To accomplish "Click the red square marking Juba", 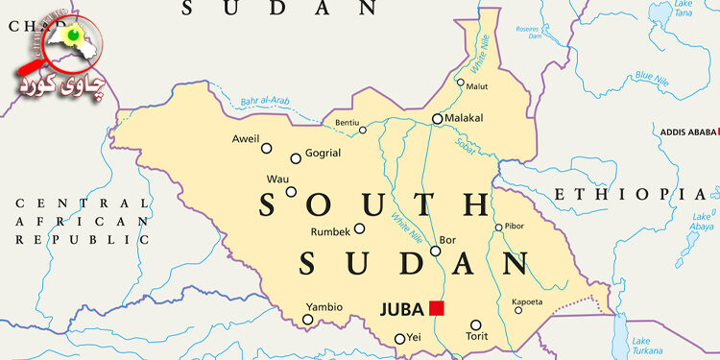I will pos(437,308).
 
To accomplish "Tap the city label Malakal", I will pos(464,118).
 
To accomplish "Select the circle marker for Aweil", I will pos(267,148).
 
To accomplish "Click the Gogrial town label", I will pos(323,154).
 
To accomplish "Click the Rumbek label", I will pos(330,231).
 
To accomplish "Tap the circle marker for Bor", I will pos(435,252).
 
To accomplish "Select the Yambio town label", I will pos(324,307).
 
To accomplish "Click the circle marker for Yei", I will pos(399,339).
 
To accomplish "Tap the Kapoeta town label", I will pos(528,300).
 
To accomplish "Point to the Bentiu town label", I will pos(347,122).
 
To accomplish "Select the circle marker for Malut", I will pos(461,83).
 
